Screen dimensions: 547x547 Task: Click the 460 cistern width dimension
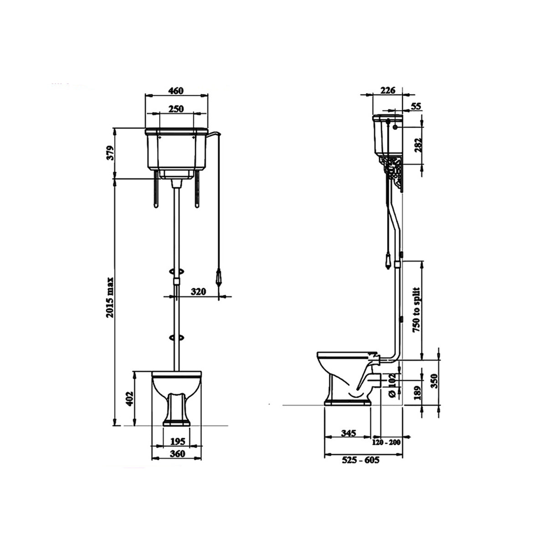click(x=175, y=90)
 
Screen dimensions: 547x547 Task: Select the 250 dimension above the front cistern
click(x=175, y=108)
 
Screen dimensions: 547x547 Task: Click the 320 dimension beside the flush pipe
click(x=199, y=291)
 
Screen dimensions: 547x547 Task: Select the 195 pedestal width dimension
click(x=177, y=441)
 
